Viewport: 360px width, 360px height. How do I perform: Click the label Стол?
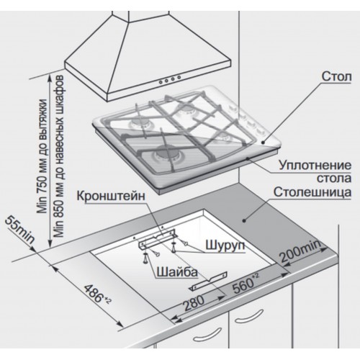[336, 76]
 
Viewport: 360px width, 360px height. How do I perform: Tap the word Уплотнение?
[315, 166]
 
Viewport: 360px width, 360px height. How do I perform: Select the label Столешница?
[312, 192]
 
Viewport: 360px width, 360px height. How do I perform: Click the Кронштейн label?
[111, 196]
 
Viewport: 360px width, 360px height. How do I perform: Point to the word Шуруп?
[225, 246]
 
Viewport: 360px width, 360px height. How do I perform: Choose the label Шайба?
[177, 272]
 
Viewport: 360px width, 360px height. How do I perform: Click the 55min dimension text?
[20, 230]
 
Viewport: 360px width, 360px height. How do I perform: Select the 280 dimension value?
[194, 303]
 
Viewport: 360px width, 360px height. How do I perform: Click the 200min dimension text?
[300, 251]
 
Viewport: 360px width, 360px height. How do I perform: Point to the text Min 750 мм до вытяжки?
[42, 156]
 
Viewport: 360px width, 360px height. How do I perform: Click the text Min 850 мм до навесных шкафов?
[59, 156]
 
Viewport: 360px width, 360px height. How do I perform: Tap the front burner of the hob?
[166, 154]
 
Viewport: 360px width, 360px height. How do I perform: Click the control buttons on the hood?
[169, 79]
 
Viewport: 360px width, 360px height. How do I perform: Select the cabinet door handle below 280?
[208, 334]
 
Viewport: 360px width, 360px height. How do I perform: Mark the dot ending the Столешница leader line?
[244, 220]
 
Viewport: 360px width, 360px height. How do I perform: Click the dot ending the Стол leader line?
[264, 143]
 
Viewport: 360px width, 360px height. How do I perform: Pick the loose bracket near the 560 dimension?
[208, 282]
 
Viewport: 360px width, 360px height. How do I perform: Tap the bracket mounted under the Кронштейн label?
[157, 239]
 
